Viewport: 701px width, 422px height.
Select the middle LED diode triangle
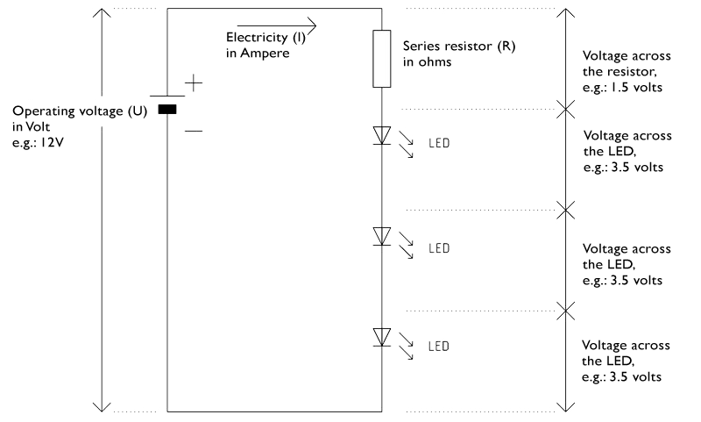(382, 236)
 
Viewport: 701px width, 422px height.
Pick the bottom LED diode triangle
(382, 337)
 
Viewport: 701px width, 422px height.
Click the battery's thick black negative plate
(167, 109)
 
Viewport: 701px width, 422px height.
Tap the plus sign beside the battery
(194, 82)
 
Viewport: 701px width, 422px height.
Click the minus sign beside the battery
(194, 131)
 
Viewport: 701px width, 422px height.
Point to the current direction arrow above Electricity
(277, 25)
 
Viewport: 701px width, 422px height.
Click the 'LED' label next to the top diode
(439, 143)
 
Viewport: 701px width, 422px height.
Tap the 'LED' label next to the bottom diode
(439, 347)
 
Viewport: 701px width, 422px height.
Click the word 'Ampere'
(265, 54)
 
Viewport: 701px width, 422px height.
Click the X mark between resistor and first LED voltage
(566, 109)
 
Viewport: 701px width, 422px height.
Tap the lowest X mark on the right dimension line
(566, 311)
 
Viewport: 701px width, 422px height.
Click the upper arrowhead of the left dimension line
(102, 12)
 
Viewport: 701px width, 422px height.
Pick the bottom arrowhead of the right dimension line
(566, 407)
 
